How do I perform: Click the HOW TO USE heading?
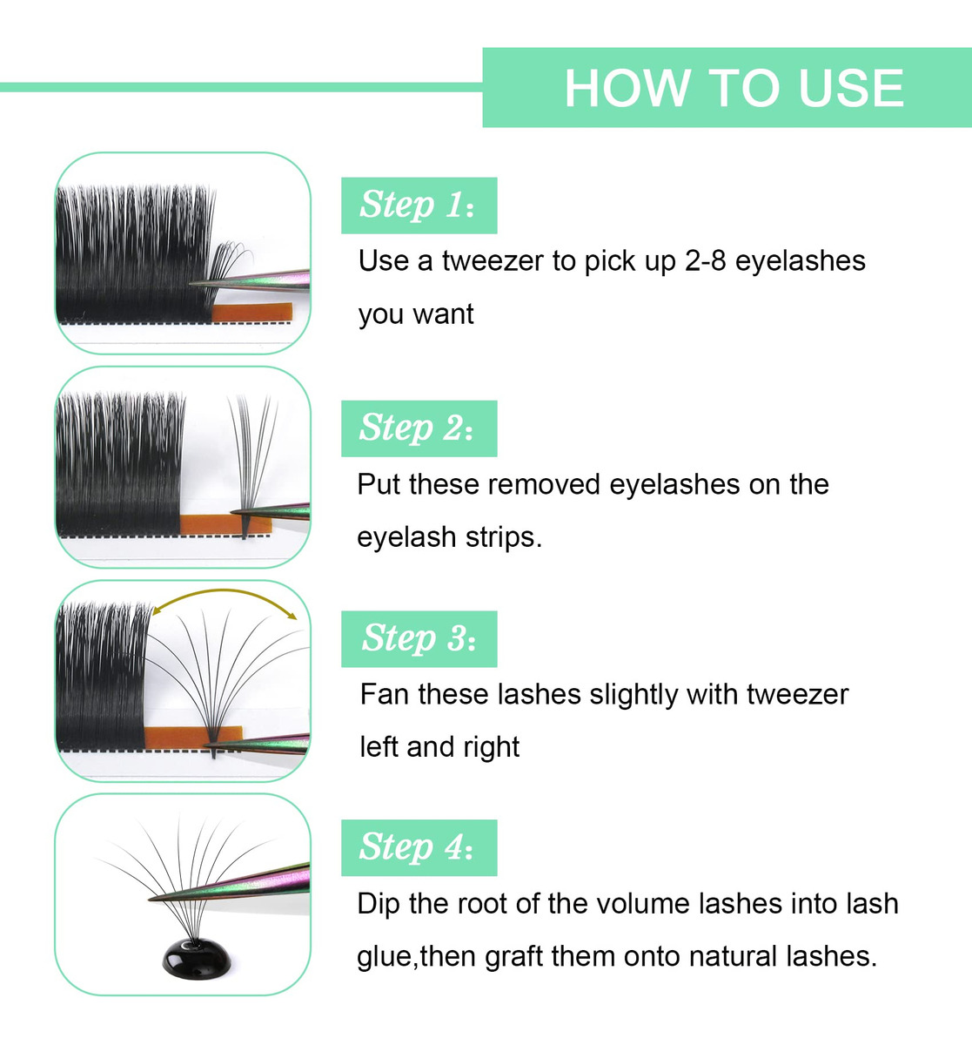pos(734,88)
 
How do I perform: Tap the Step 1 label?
pos(419,206)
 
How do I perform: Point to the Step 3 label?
pos(419,639)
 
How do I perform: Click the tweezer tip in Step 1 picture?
pos(191,284)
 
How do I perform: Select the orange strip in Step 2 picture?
pos(225,524)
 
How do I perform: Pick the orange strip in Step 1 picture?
pos(252,312)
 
